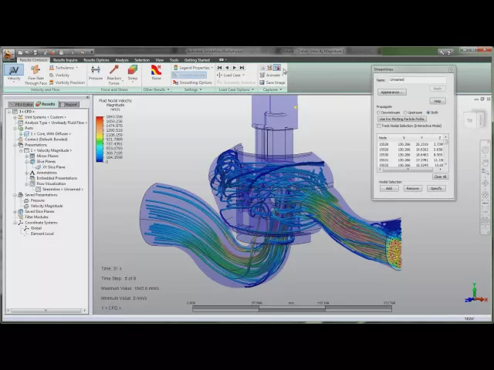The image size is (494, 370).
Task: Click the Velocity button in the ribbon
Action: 14,72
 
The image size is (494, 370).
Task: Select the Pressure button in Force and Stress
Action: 96,72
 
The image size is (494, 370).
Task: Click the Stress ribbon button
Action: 133,72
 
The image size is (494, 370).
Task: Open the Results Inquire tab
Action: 65,59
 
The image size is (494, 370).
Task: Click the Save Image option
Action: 275,82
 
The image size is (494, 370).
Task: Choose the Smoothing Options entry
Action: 194,82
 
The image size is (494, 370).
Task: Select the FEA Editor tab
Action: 21,104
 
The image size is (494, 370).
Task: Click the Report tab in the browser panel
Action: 70,104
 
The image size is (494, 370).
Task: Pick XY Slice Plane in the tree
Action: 53,166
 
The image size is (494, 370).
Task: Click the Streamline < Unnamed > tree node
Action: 62,189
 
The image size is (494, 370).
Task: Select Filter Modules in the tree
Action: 36,217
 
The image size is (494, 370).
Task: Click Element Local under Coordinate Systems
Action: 42,234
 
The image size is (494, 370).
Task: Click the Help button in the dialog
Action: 438,101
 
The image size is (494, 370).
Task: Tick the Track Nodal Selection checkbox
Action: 378,125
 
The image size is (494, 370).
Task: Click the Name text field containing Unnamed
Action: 417,79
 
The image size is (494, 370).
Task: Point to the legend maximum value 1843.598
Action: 114,116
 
